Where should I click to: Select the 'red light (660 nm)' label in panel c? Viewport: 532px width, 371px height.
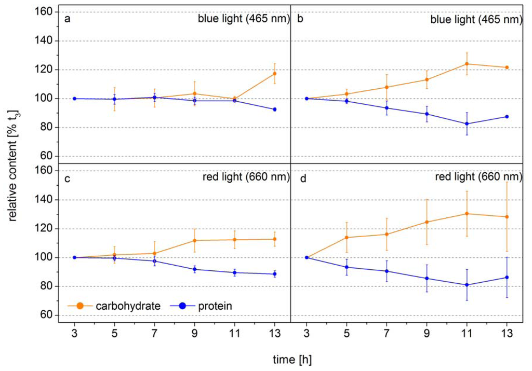[244, 178]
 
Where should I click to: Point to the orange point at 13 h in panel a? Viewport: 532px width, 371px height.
[275, 73]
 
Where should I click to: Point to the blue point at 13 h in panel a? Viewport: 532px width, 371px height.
[275, 109]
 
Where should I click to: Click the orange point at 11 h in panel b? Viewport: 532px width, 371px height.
[467, 64]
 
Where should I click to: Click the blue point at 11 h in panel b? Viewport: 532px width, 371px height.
[467, 123]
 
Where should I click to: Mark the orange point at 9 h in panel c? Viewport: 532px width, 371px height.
[194, 240]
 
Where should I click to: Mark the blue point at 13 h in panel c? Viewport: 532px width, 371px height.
[275, 274]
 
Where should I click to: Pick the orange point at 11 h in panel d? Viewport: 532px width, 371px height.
[467, 213]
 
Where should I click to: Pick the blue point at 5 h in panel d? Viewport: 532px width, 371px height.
[347, 267]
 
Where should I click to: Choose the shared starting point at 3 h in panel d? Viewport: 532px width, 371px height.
[307, 257]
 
